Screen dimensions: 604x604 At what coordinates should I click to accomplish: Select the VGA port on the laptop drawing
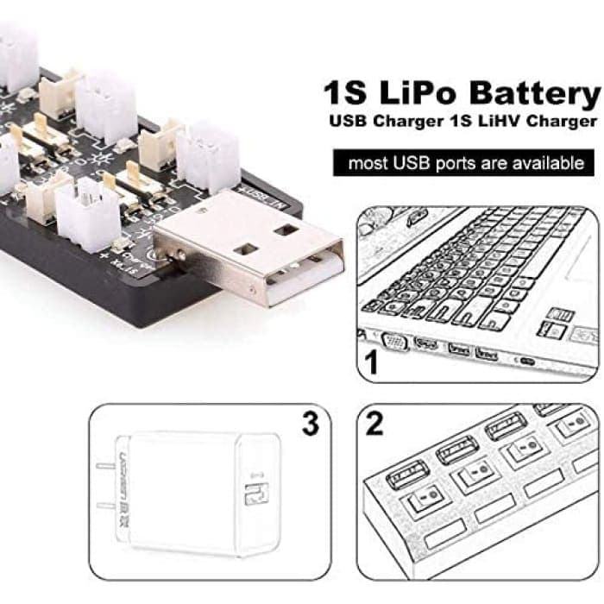[394, 342]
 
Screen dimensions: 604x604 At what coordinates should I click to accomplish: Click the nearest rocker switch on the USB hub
[425, 503]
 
